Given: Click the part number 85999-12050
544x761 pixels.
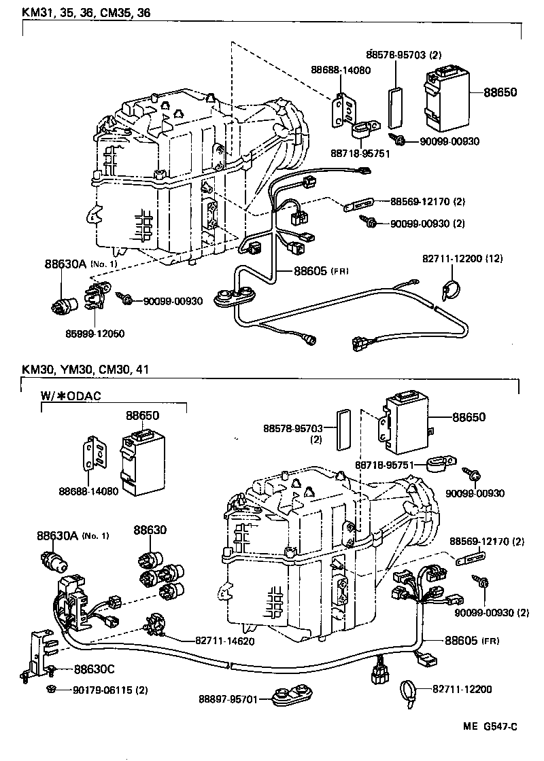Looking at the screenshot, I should pyautogui.click(x=95, y=334).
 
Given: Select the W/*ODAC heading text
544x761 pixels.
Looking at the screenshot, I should pyautogui.click(x=71, y=395).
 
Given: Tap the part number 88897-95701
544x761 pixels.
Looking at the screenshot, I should pyautogui.click(x=228, y=698).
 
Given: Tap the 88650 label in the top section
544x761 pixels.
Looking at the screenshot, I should pyautogui.click(x=500, y=94).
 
